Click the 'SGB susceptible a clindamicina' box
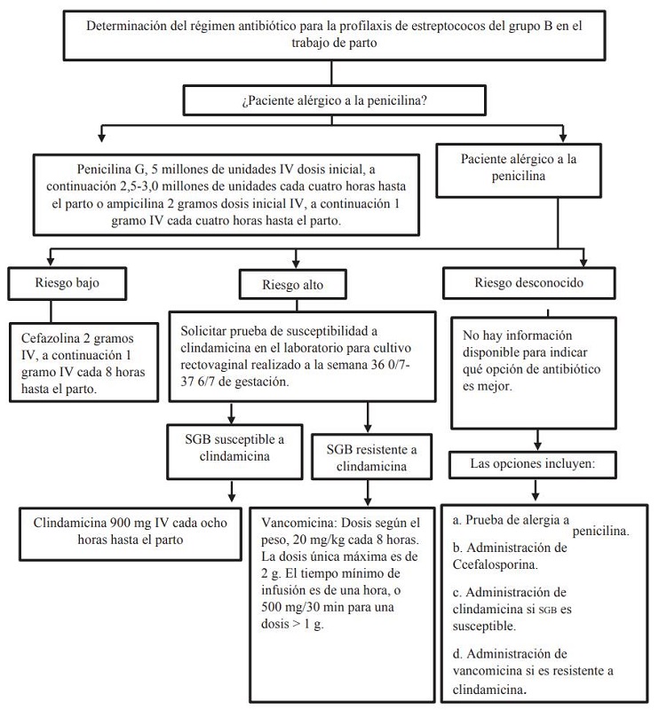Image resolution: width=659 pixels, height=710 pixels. coord(233,447)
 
